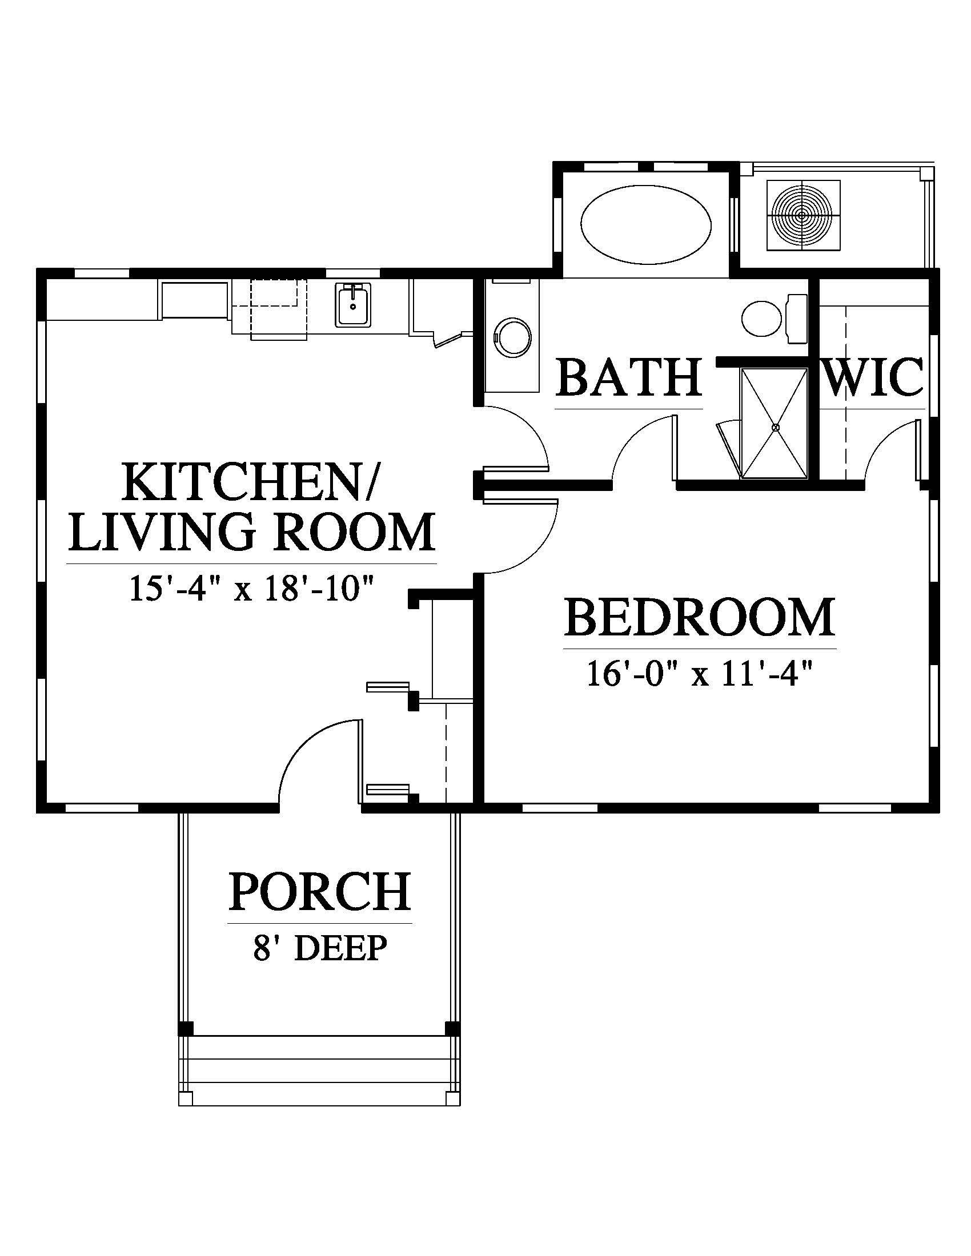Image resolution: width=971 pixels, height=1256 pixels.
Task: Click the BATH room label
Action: click(630, 377)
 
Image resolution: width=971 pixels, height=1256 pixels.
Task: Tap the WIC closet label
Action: click(874, 377)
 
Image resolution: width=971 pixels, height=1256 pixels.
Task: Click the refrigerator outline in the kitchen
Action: click(195, 300)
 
